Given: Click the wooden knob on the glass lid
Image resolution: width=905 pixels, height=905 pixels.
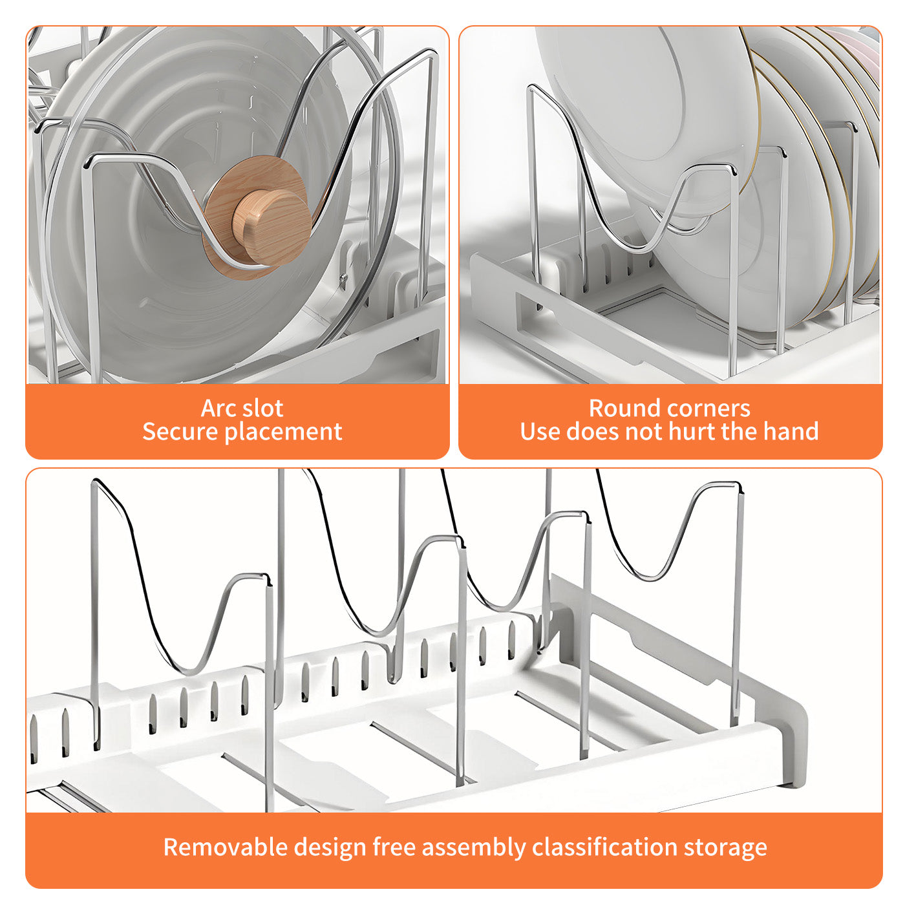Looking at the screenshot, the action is (x=272, y=227).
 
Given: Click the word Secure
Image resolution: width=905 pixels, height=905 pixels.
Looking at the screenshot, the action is (x=180, y=431).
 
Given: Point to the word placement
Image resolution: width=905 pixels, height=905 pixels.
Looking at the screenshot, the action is (x=284, y=432).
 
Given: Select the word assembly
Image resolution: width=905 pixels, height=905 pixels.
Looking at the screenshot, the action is (x=474, y=848).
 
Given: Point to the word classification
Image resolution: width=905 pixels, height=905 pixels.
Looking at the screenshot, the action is (x=605, y=847).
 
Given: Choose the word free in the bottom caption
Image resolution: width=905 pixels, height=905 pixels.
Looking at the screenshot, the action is (x=394, y=847).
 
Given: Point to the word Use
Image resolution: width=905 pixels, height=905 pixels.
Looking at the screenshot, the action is (x=540, y=432).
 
